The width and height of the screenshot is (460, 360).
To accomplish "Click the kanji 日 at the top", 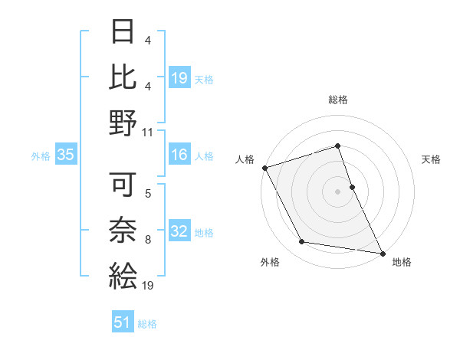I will pyautogui.click(x=123, y=32).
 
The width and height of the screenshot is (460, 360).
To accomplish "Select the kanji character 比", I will pyautogui.click(x=123, y=77).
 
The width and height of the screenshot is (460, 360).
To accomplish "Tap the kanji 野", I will pyautogui.click(x=123, y=123).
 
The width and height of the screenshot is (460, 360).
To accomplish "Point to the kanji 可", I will pyautogui.click(x=123, y=184).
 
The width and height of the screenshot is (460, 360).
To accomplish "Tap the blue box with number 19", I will pyautogui.click(x=179, y=77).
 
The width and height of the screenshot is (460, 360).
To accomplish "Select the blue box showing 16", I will pyautogui.click(x=179, y=155).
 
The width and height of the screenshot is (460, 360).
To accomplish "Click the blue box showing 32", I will pyautogui.click(x=179, y=232).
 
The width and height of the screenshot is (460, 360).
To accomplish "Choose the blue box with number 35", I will pyautogui.click(x=66, y=155).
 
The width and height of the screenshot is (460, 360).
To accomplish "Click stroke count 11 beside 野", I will pyautogui.click(x=148, y=132).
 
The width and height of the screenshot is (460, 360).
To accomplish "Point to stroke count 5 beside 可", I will pyautogui.click(x=148, y=193).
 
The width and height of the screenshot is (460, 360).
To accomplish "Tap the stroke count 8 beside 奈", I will pyautogui.click(x=148, y=240).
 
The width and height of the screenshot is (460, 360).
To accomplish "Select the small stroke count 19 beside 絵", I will pyautogui.click(x=148, y=286).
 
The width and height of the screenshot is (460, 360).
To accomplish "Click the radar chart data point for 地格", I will pyautogui.click(x=381, y=253).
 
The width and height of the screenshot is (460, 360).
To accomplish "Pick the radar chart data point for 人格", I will pyautogui.click(x=264, y=167).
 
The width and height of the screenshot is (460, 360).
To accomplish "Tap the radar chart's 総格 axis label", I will pyautogui.click(x=338, y=100).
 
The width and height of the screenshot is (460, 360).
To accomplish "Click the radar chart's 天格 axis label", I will pyautogui.click(x=432, y=159).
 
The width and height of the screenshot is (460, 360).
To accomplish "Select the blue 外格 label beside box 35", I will pyautogui.click(x=41, y=156).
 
